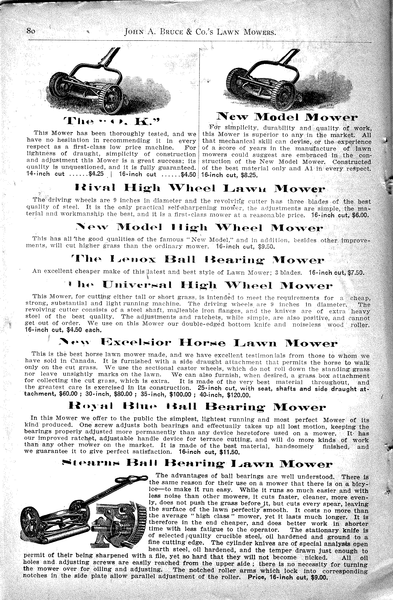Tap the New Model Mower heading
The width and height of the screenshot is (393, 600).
[287, 117]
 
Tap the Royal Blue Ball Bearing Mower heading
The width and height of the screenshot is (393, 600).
[197, 407]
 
